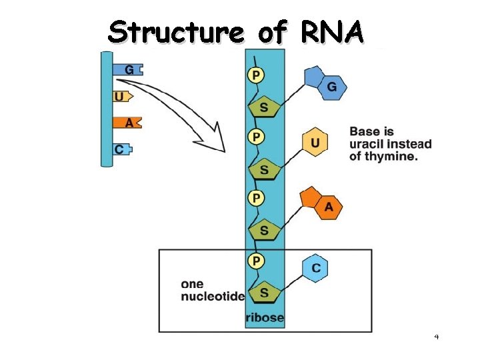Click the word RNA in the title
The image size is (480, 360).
coord(332,31)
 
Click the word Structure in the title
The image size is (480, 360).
coord(177,31)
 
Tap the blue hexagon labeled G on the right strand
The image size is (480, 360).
coord(331,87)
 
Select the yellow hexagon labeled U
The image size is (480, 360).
coord(315,143)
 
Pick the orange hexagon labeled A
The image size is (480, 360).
coord(328,207)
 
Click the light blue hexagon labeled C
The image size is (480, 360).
coord(316,268)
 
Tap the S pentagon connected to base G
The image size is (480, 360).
coord(265,108)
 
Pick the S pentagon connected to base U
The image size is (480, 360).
coord(265,169)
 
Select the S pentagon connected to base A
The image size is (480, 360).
coord(265,231)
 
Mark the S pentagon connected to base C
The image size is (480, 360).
coord(265,292)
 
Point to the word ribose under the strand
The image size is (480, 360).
coord(265,317)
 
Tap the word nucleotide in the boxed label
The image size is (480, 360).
coord(213,296)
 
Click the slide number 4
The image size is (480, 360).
coord(436,337)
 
